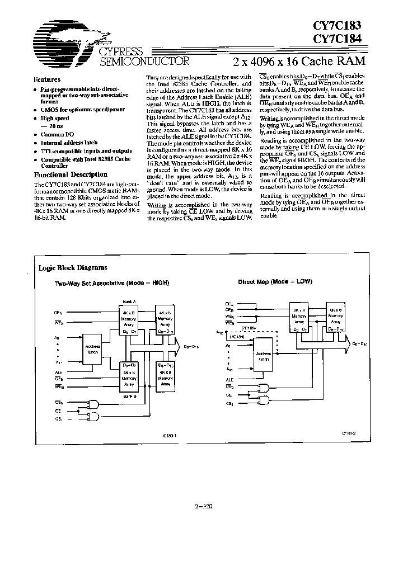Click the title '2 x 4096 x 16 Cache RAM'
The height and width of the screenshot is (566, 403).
click(x=297, y=60)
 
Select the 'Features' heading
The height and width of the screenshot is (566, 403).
click(x=47, y=80)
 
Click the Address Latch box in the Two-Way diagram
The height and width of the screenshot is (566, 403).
click(x=93, y=349)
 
